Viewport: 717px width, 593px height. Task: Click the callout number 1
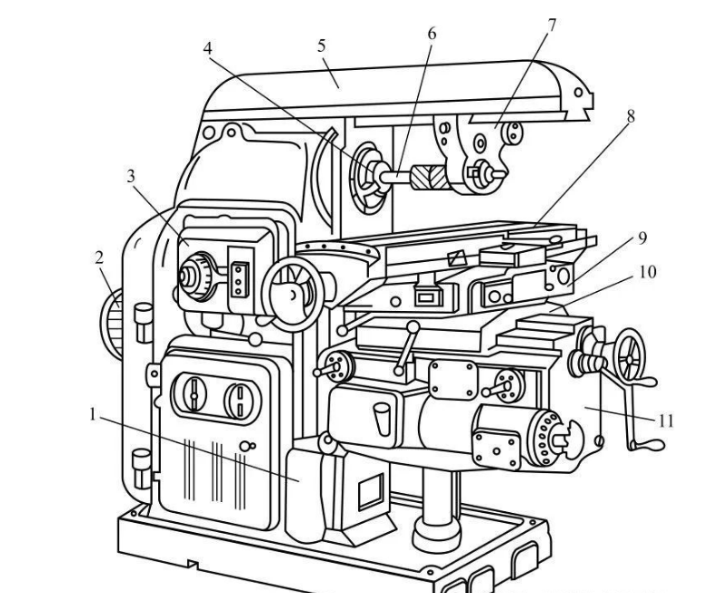pyautogui.click(x=94, y=414)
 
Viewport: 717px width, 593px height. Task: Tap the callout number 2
pyautogui.click(x=99, y=257)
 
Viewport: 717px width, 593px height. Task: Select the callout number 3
pyautogui.click(x=131, y=176)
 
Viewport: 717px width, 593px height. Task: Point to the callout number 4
pyautogui.click(x=208, y=48)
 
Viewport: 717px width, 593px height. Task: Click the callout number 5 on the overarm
pyautogui.click(x=322, y=45)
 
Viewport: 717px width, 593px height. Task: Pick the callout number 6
pyautogui.click(x=432, y=34)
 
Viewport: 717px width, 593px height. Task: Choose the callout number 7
pyautogui.click(x=552, y=25)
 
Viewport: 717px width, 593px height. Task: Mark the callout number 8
pyautogui.click(x=631, y=116)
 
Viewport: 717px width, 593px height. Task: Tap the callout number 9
pyautogui.click(x=642, y=238)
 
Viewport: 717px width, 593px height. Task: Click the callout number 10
pyautogui.click(x=647, y=272)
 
